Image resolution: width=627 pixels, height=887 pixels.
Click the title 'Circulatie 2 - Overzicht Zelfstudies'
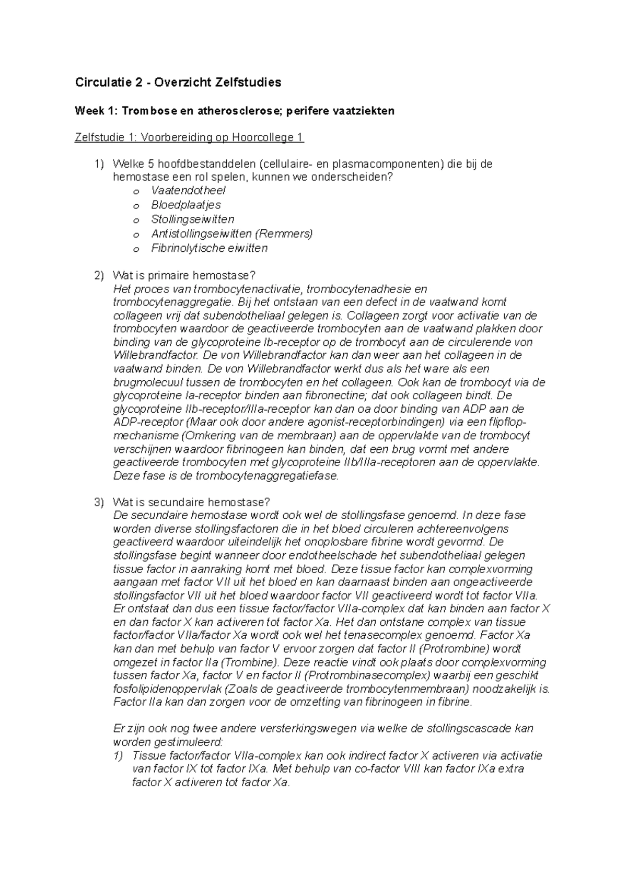pyautogui.click(x=178, y=82)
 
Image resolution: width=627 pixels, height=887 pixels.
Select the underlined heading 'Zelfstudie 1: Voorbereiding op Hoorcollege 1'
pyautogui.click(x=189, y=137)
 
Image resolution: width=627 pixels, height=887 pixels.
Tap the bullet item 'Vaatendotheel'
pyautogui.click(x=188, y=191)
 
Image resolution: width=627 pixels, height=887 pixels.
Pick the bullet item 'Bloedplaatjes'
pyautogui.click(x=186, y=205)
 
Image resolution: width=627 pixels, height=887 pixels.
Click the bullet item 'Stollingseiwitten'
pyautogui.click(x=193, y=219)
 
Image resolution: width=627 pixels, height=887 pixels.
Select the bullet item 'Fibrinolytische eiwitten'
pyautogui.click(x=209, y=248)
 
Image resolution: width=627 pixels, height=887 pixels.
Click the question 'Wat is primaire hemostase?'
pyautogui.click(x=184, y=275)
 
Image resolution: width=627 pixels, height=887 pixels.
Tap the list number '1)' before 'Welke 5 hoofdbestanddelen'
pyautogui.click(x=99, y=164)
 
